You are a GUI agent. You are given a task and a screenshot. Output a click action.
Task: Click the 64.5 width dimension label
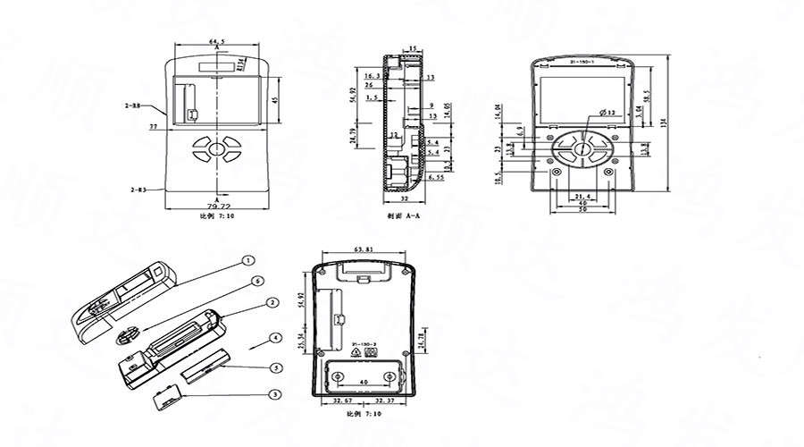click(x=217, y=41)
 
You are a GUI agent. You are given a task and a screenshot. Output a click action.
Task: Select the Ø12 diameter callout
click(x=601, y=112)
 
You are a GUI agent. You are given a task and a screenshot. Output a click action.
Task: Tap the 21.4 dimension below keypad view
click(x=582, y=196)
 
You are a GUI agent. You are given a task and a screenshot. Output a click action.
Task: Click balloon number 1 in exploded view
click(x=249, y=261)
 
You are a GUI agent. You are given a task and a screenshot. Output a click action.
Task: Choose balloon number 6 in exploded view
click(x=257, y=281)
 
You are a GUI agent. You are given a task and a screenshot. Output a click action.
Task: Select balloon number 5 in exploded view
click(x=277, y=367)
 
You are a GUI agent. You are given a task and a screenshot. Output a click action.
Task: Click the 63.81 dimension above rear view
click(x=364, y=248)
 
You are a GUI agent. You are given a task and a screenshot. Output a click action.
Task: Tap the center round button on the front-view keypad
click(x=217, y=148)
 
